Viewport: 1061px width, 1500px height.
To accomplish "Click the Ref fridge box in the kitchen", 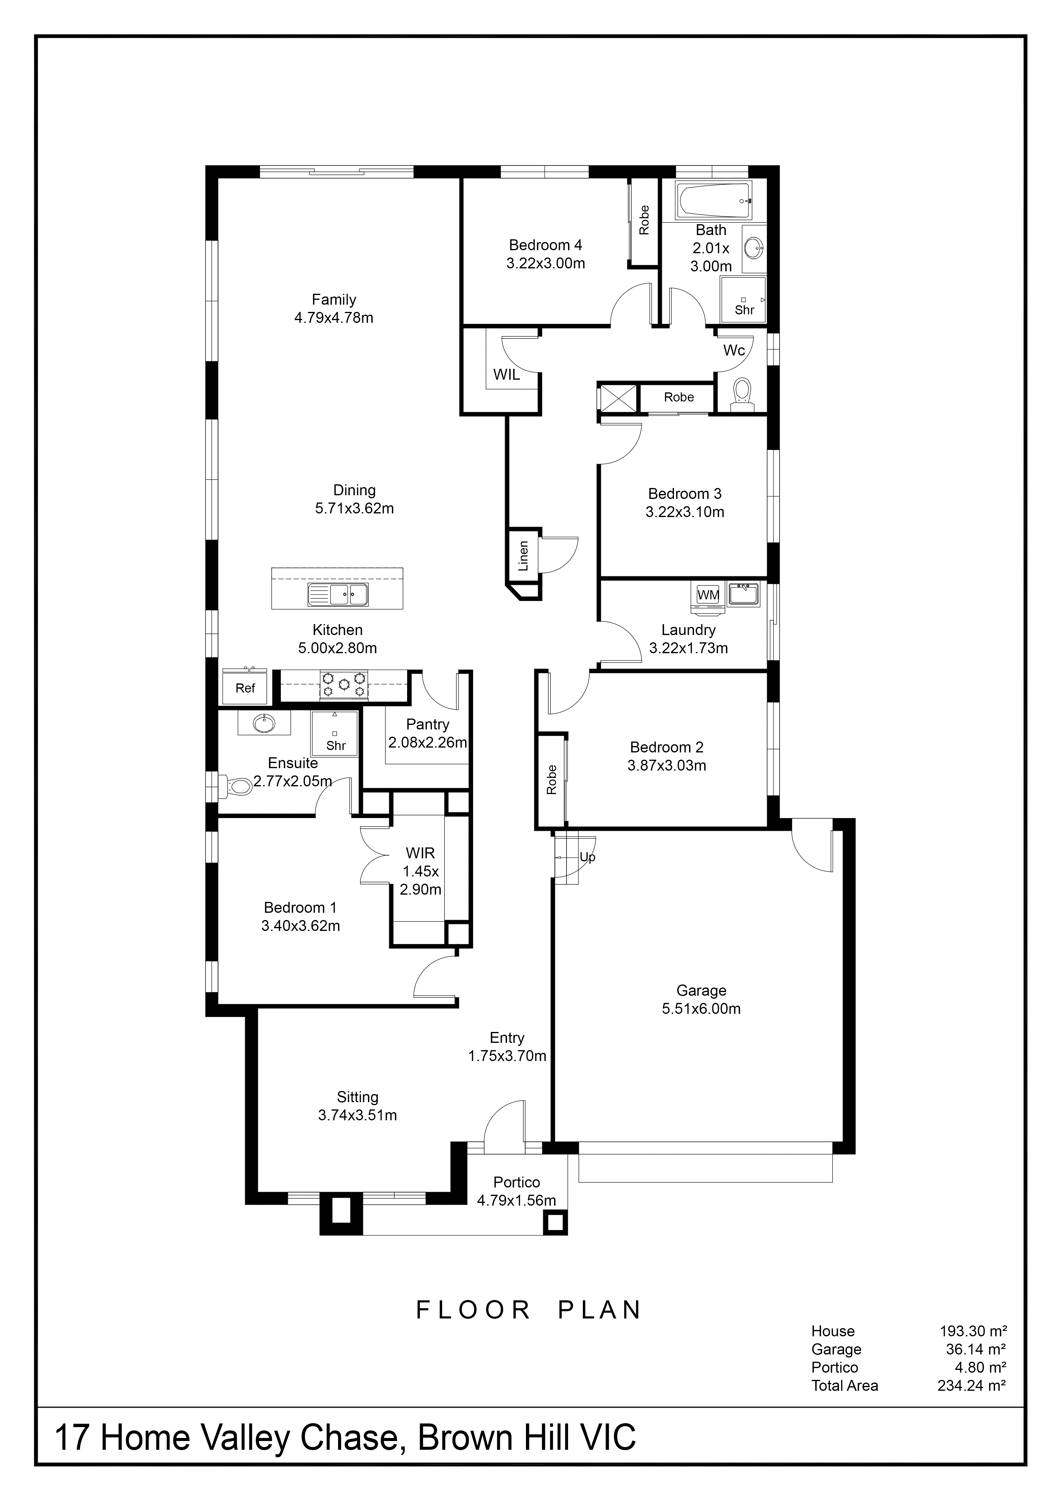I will click(245, 688).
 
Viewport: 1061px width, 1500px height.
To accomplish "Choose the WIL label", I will click(506, 374).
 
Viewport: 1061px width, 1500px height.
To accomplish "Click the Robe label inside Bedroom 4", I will click(644, 220).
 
